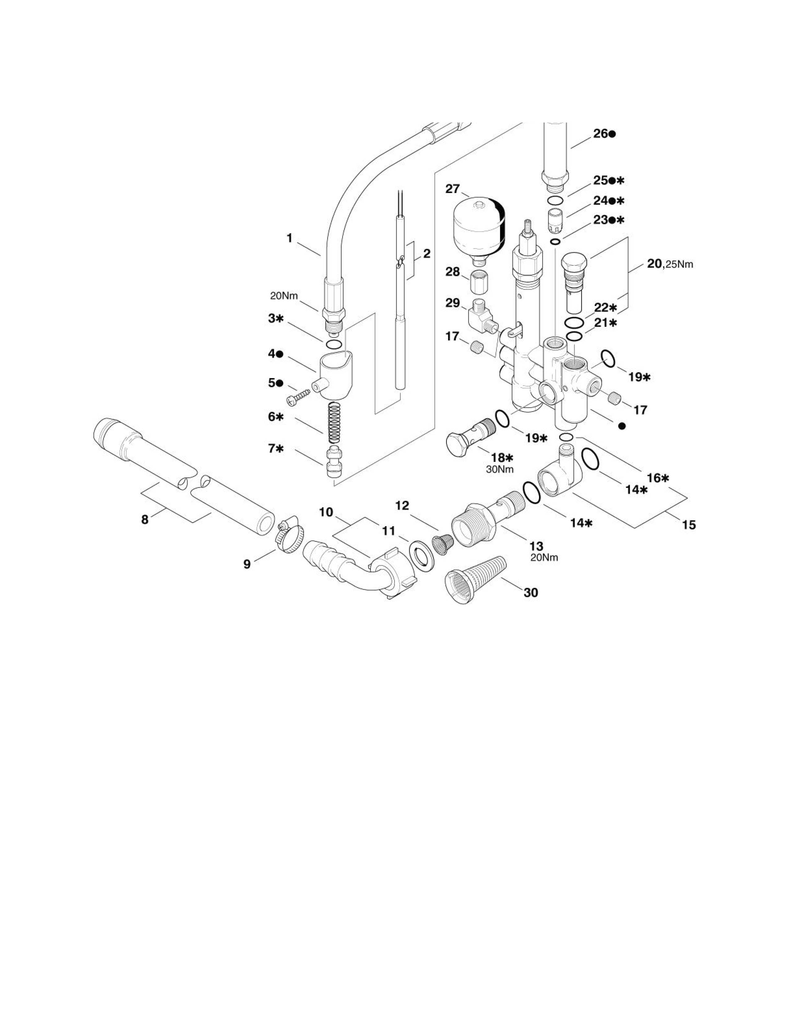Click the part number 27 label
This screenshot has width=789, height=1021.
pos(452,189)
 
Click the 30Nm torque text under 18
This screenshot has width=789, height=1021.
pos(500,469)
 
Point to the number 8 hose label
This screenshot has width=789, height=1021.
pos(145,519)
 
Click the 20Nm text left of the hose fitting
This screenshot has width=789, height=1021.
pos(284,296)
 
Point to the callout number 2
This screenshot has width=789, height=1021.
pos(426,254)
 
